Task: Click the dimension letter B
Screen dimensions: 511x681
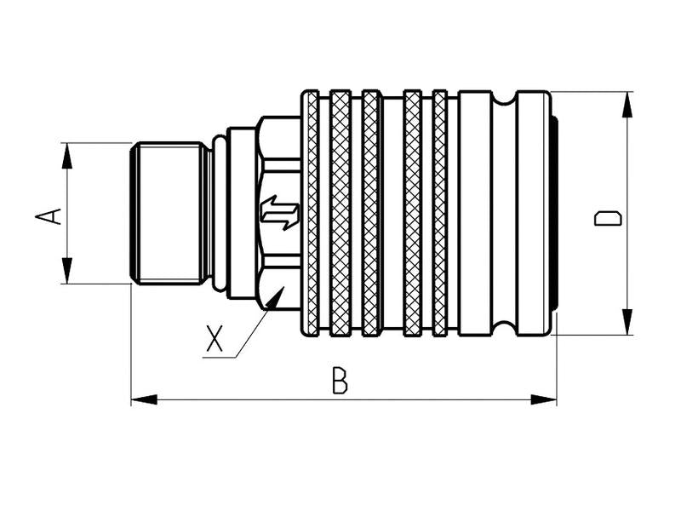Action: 340,382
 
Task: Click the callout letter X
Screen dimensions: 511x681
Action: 215,339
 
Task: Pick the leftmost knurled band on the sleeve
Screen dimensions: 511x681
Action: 312,213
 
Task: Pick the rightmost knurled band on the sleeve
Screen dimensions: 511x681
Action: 439,213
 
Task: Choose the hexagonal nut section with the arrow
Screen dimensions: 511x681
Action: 278,170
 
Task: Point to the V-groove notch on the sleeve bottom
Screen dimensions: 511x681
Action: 505,330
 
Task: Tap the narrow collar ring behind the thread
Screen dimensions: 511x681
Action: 220,213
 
